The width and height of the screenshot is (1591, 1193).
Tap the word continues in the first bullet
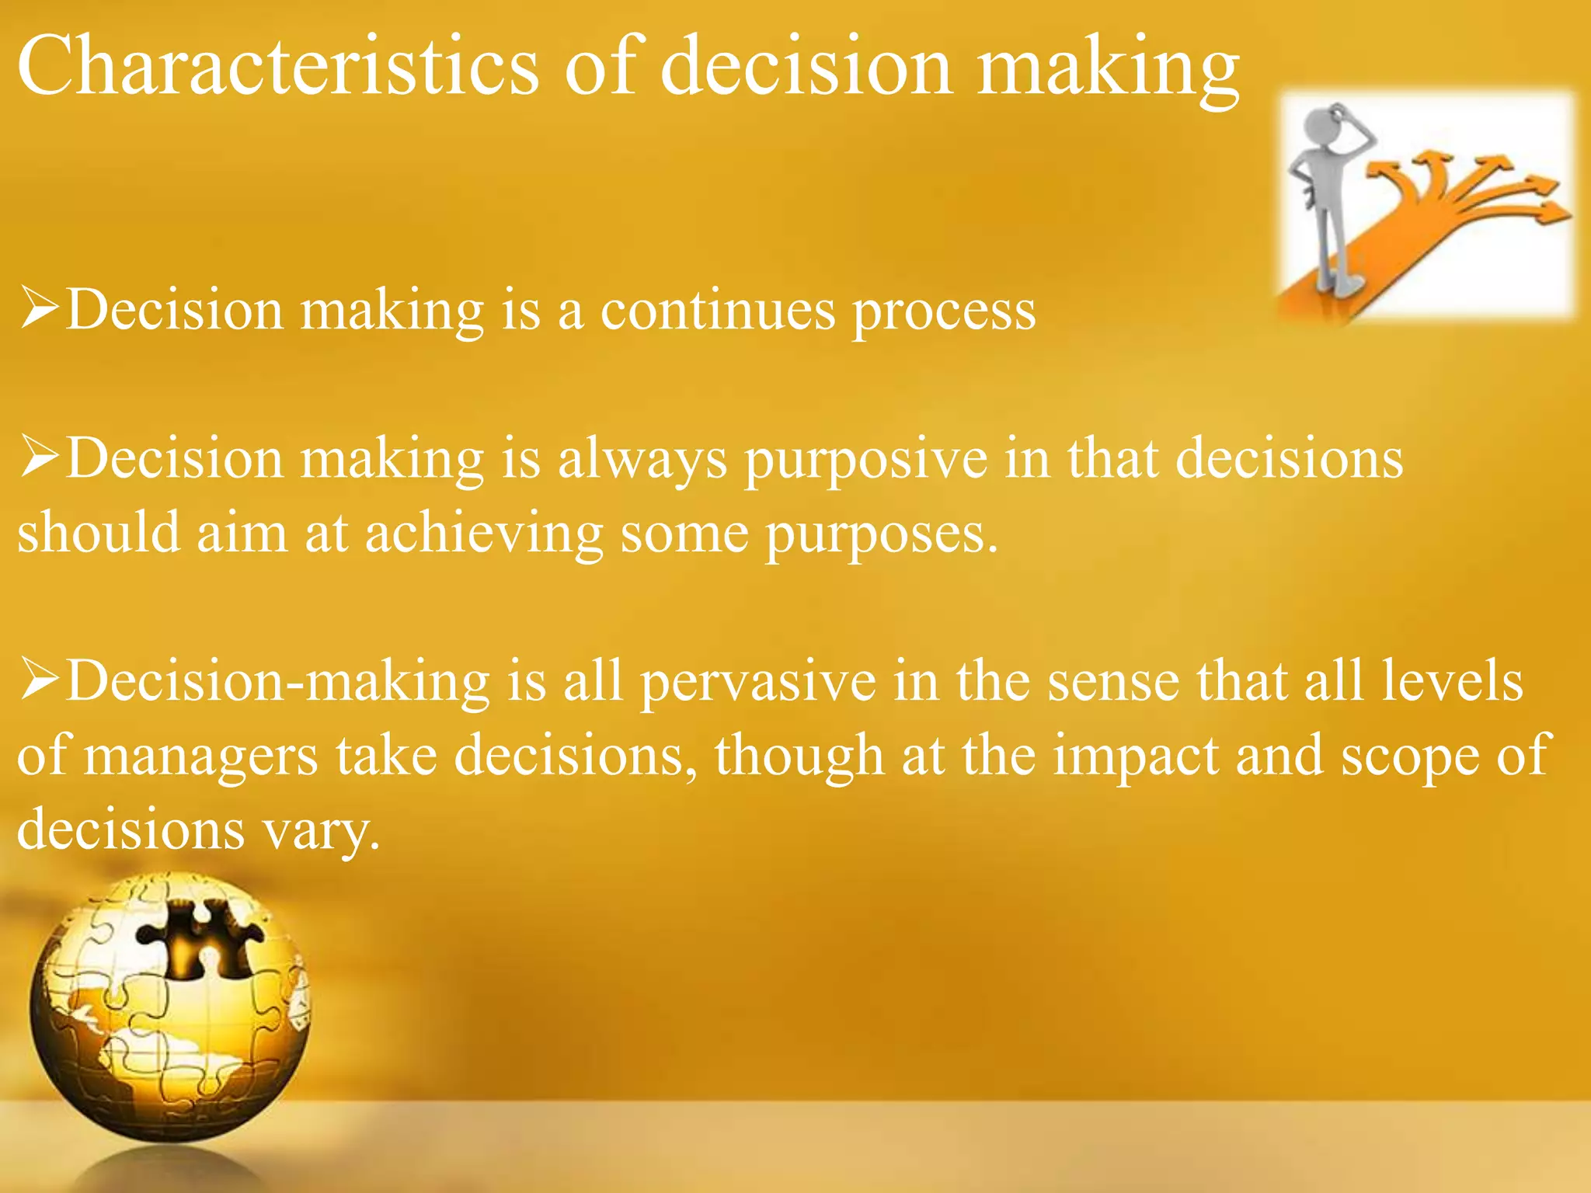[x=719, y=311]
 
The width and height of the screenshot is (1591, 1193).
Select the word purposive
[x=866, y=460]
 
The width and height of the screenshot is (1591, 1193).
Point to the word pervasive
[x=758, y=682]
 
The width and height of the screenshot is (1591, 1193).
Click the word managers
[x=200, y=757]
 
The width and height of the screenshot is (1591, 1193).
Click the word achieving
[x=483, y=534]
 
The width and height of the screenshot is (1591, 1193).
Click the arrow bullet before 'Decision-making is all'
[x=40, y=678]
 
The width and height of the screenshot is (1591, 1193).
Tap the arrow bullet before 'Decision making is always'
[x=40, y=456]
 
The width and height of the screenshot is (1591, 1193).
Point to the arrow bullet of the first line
[x=40, y=308]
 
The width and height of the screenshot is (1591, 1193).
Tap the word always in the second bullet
[x=642, y=460]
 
